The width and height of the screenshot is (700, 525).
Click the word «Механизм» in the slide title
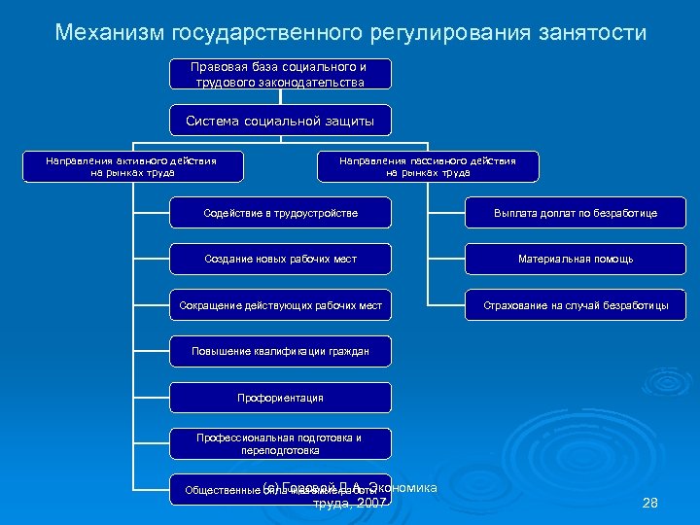111,33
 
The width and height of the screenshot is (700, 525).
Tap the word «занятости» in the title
589,33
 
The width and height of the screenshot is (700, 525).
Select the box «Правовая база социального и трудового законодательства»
280,75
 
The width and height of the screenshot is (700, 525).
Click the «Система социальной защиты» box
280,121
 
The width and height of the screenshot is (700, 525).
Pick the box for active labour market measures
132,166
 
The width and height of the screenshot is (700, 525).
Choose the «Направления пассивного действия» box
428,166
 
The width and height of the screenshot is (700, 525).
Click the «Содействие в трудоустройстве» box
281,213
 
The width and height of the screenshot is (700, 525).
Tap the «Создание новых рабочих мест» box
281,260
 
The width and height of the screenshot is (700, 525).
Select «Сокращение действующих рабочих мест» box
281,306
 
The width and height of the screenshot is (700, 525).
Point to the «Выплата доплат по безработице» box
576,213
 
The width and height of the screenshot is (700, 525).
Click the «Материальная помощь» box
576,260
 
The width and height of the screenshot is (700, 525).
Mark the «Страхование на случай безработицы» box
576,306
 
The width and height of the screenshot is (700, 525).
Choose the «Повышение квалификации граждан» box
281,351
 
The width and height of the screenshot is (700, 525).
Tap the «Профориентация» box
281,398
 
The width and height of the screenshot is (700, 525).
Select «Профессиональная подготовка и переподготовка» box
281,444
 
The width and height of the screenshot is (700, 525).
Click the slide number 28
650,503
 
